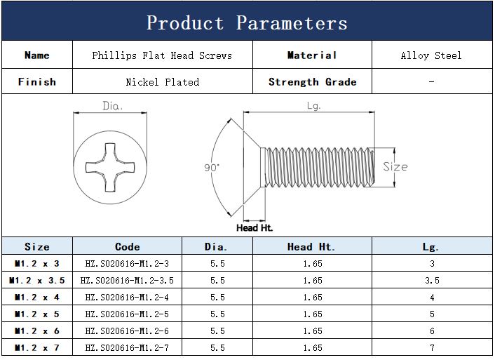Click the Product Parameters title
[247, 22]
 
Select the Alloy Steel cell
[431, 55]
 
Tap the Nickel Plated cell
[163, 82]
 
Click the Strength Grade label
[313, 82]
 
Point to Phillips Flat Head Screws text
[162, 55]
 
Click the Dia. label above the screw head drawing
[112, 105]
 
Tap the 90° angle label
[212, 167]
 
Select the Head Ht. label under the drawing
[255, 227]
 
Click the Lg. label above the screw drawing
[314, 105]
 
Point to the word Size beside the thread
[395, 166]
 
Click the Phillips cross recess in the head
[110, 167]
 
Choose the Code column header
[127, 246]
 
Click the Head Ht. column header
[311, 246]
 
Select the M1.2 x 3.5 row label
[37, 281]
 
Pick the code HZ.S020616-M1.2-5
[127, 314]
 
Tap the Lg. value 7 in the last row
[432, 347]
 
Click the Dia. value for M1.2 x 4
[217, 297]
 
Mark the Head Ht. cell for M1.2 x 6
[313, 331]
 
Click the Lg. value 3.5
[432, 281]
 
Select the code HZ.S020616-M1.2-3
[127, 263]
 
